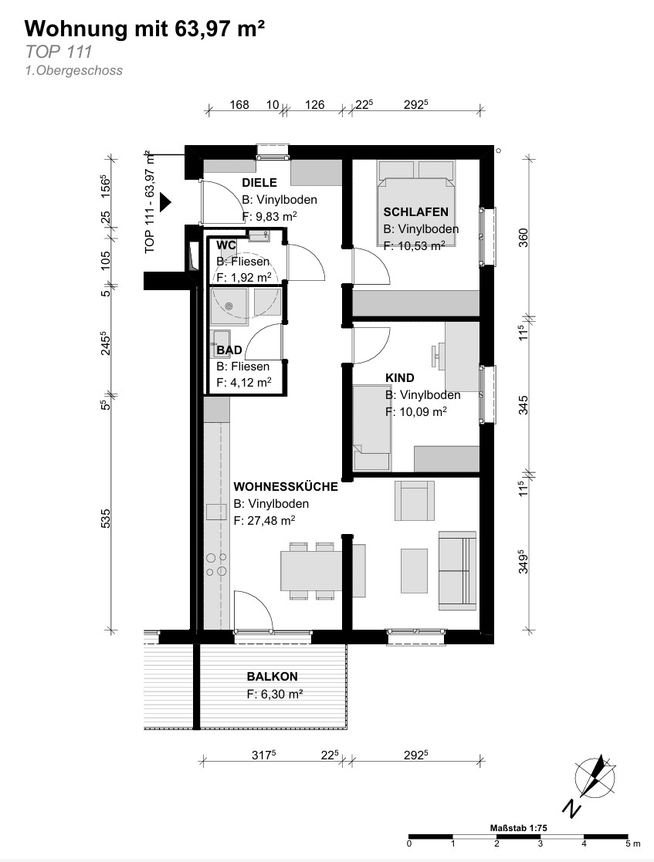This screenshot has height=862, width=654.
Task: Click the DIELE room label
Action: [x=259, y=183]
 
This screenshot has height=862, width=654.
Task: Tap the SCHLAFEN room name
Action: [x=416, y=211]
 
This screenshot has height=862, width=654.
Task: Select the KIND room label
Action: [x=400, y=377]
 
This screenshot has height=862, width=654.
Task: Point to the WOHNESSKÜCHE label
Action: [x=286, y=486]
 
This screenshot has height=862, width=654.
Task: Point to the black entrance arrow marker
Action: [x=165, y=203]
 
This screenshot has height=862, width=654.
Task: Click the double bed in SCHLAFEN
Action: [x=416, y=204]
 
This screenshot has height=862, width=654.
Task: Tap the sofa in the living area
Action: [x=457, y=570]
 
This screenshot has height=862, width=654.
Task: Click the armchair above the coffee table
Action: [x=414, y=501]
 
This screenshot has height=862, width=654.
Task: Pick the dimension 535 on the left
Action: [x=106, y=519]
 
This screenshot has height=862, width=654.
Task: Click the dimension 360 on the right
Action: [x=523, y=238]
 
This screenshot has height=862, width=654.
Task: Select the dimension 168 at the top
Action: [x=239, y=104]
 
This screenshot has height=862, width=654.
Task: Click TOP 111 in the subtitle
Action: [x=59, y=52]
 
